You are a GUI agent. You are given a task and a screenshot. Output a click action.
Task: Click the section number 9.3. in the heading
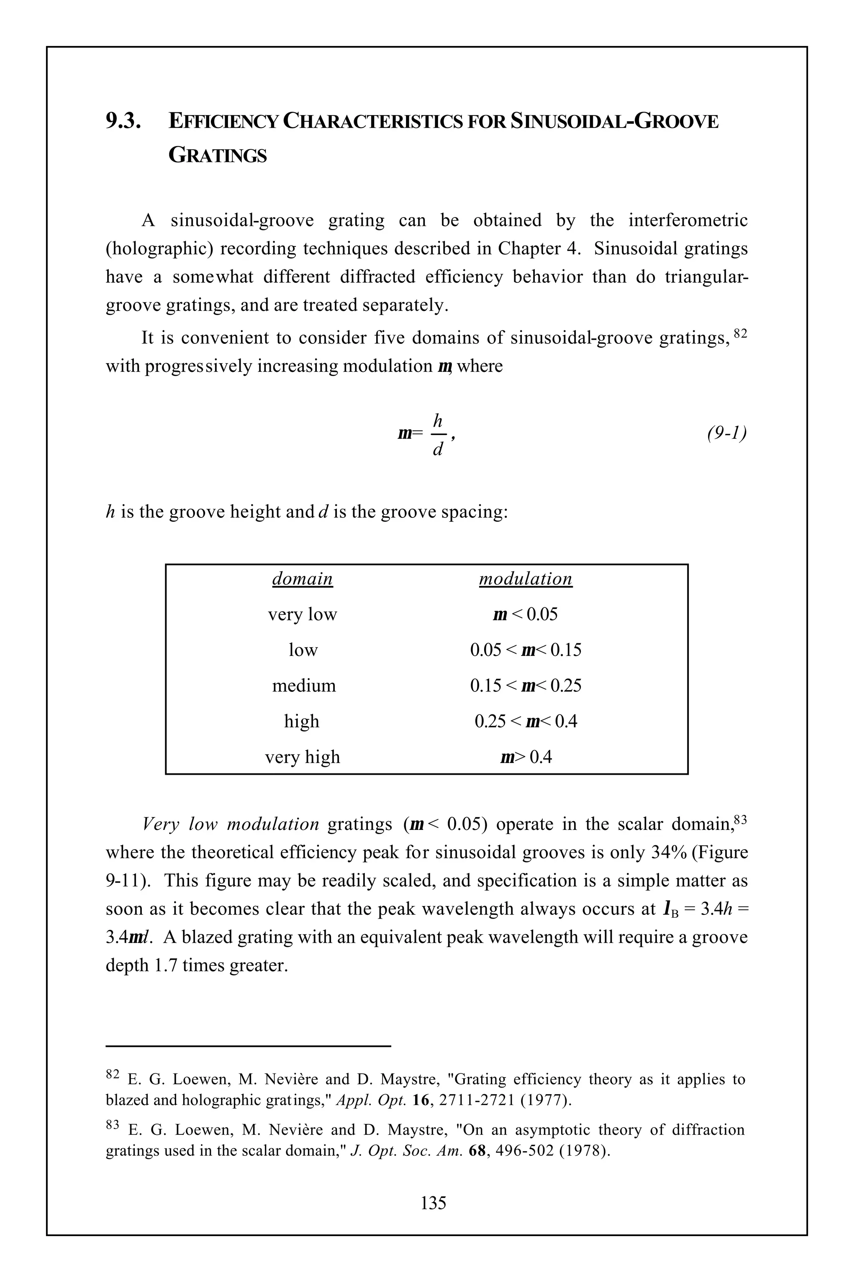pyautogui.click(x=123, y=121)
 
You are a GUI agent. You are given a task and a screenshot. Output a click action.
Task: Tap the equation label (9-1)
pyautogui.click(x=726, y=433)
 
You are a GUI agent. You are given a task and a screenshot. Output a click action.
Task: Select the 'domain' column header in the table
pyautogui.click(x=302, y=578)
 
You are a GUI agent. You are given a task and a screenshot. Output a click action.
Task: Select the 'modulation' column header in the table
pyautogui.click(x=525, y=578)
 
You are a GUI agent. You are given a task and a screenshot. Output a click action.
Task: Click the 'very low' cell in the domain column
pyautogui.click(x=302, y=614)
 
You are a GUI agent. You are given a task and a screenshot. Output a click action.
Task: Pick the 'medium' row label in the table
pyautogui.click(x=304, y=685)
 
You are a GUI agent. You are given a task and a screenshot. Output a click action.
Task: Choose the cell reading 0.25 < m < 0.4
pyautogui.click(x=525, y=721)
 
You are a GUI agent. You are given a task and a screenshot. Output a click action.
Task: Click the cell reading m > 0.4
pyautogui.click(x=525, y=757)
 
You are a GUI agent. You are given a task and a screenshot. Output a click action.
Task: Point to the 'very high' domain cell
pyautogui.click(x=302, y=757)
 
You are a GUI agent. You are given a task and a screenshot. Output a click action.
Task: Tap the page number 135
pyautogui.click(x=434, y=1203)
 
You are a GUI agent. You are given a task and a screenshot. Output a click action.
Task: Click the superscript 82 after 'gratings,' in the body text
pyautogui.click(x=739, y=332)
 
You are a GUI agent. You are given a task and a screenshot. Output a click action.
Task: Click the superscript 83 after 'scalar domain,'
pyautogui.click(x=740, y=819)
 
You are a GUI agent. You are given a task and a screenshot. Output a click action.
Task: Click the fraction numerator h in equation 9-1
pyautogui.click(x=437, y=421)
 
